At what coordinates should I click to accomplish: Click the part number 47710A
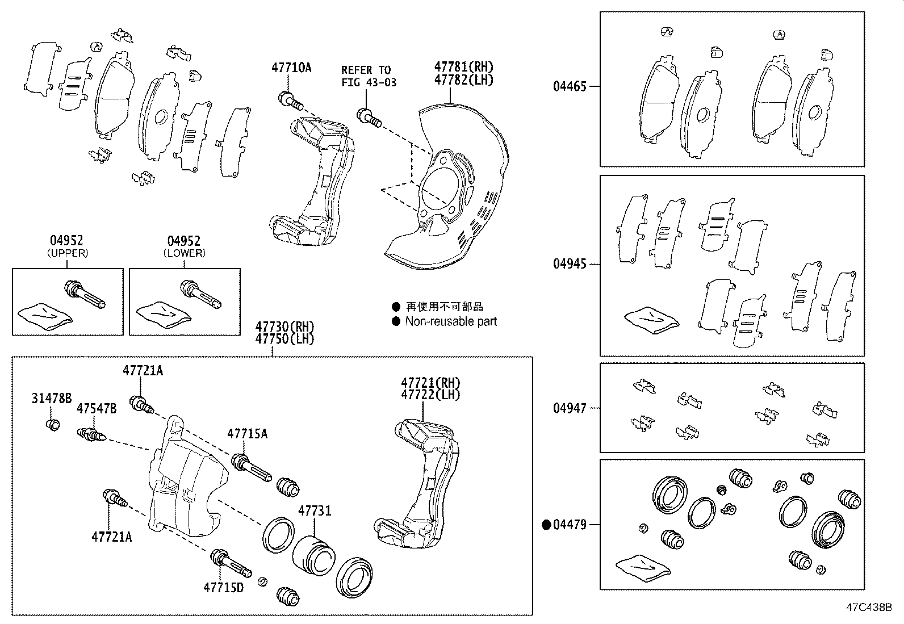coord(291,68)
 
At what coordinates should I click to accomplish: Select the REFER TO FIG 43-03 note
coord(369,76)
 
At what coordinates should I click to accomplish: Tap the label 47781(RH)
coord(464,67)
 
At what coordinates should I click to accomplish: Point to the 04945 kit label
coord(570,264)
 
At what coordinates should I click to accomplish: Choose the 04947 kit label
coord(570,408)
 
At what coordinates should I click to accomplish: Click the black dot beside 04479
coord(547,525)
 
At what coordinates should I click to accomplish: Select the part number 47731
coord(315,511)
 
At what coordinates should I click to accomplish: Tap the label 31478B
coord(51,399)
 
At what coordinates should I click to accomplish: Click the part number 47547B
coord(97,409)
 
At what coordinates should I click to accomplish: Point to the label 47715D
coord(223,587)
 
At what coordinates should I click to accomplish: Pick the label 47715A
coord(247,434)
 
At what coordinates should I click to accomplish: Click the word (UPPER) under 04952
coord(68,253)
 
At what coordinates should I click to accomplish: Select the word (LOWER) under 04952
coord(184,253)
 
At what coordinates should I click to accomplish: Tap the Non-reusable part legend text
coord(451,321)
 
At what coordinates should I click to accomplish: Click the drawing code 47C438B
coord(869,607)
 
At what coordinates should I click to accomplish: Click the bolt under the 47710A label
coord(288,100)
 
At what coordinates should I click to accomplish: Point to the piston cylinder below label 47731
coord(314,553)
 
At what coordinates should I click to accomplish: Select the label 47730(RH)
coord(284,327)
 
